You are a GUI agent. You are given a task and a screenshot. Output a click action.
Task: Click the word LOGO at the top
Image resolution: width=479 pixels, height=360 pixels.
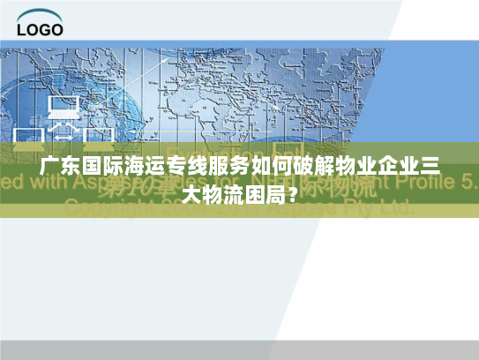(x=40, y=29)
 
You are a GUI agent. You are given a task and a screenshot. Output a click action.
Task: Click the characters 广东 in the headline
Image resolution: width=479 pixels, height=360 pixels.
(x=57, y=170)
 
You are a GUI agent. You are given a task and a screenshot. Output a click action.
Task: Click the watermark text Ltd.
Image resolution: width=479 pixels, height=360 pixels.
(x=393, y=208)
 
